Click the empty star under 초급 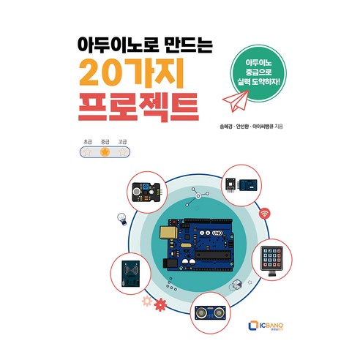tap(87, 151)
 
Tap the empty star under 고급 tap(122, 151)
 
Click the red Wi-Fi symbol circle tap(265, 214)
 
